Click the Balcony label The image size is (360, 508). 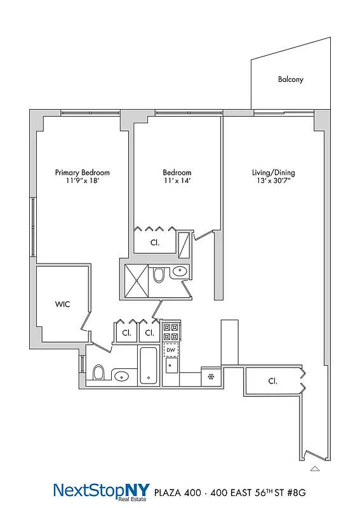[x=290, y=79]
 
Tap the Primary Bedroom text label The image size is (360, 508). [x=82, y=173]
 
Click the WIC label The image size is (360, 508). [x=62, y=305]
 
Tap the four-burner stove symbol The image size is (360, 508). [x=171, y=332]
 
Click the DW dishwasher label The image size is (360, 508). [x=170, y=350]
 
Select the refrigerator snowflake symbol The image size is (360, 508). [x=210, y=377]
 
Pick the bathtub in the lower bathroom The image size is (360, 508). [x=148, y=366]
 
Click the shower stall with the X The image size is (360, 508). [x=137, y=278]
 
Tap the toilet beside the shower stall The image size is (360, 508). [x=159, y=274]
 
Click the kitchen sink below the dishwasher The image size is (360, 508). [x=170, y=366]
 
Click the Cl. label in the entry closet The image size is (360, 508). [x=272, y=382]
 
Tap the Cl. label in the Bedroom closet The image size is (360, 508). [x=154, y=243]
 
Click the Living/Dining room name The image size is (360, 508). [x=273, y=173]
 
